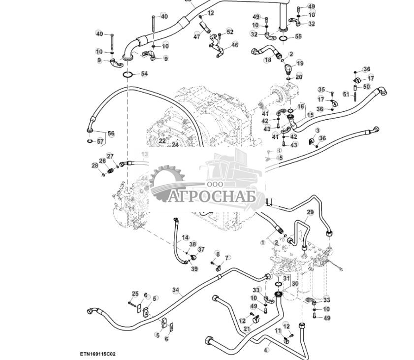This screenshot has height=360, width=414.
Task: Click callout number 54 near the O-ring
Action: (144, 73)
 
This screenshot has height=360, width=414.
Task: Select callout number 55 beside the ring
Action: (298, 37)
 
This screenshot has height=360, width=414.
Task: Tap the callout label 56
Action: (111, 133)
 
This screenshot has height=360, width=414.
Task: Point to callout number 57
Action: (101, 141)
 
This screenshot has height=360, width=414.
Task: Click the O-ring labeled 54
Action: (127, 74)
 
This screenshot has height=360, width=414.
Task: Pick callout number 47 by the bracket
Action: (197, 36)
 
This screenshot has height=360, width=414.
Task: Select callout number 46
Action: (235, 45)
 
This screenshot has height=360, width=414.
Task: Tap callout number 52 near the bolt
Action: (230, 32)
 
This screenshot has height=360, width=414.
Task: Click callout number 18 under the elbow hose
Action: (268, 60)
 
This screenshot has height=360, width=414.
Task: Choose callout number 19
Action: (300, 63)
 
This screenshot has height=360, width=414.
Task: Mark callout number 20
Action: (299, 77)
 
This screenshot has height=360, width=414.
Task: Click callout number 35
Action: (321, 90)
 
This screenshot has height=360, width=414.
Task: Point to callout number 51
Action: (346, 94)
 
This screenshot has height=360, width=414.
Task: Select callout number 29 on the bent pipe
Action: (310, 212)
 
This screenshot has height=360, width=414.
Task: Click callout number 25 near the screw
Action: (135, 294)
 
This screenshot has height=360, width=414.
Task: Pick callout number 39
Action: (194, 268)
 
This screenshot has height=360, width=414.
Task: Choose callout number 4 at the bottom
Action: (266, 350)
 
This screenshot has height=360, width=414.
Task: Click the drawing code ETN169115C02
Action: (98, 354)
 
